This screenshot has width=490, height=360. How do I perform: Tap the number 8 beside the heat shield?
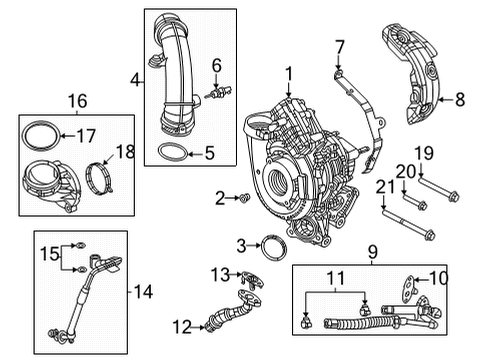[461, 98]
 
